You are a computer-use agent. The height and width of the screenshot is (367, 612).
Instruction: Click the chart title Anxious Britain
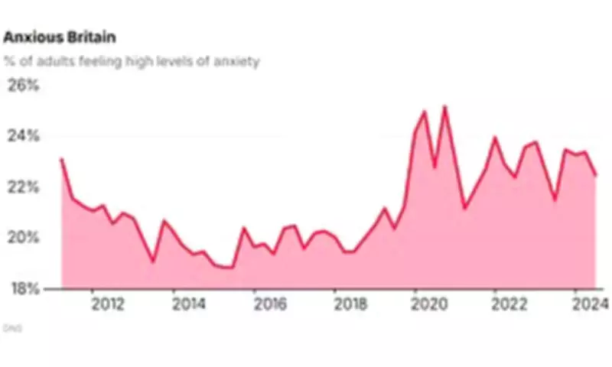coord(60,37)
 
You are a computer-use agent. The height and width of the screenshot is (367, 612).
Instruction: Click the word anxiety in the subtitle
coord(237,61)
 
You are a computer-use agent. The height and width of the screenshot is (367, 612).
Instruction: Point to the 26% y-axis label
coord(22,85)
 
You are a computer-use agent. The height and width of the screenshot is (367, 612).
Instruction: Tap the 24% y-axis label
coord(22,136)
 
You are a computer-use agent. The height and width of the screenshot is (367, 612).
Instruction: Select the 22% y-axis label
coord(22,187)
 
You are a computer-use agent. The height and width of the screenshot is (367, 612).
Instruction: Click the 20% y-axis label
coord(22,238)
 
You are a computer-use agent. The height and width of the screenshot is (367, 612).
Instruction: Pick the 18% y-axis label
coord(22,289)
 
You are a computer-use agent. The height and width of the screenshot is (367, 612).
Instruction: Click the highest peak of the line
coord(444,107)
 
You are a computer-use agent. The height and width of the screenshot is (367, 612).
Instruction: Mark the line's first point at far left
coord(61,159)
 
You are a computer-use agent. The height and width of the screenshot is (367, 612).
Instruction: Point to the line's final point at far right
coord(596,175)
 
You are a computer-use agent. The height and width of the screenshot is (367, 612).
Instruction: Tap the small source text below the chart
coord(12,328)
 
